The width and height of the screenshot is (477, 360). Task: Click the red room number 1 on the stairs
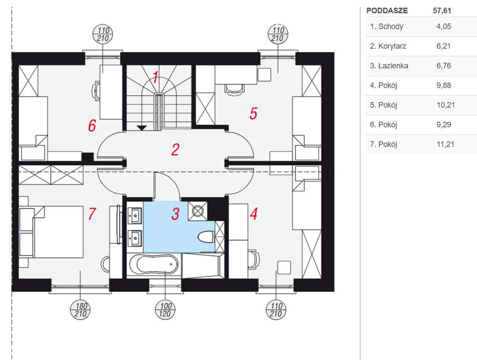[155, 78]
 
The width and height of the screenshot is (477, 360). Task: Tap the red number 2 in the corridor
[175, 150]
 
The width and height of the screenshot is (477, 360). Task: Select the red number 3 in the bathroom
[175, 214]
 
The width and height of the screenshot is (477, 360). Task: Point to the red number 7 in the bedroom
[92, 214]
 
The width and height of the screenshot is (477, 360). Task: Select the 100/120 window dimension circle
[165, 310]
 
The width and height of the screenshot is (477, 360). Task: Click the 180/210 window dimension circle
[81, 310]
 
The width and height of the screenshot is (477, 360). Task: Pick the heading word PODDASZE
[387, 11]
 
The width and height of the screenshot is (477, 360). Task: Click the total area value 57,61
[442, 11]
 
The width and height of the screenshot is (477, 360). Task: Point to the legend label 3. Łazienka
[389, 66]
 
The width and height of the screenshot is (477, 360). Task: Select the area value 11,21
[446, 144]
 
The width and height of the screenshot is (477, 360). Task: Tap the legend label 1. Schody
[387, 26]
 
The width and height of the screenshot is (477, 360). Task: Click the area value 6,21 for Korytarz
[444, 46]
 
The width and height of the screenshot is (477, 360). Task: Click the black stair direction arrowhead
[142, 128]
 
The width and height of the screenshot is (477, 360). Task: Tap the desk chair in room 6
[96, 90]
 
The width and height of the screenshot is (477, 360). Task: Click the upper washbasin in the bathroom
[134, 216]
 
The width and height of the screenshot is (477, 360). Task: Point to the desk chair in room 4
[253, 259]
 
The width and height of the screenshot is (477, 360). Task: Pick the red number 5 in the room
[253, 113]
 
